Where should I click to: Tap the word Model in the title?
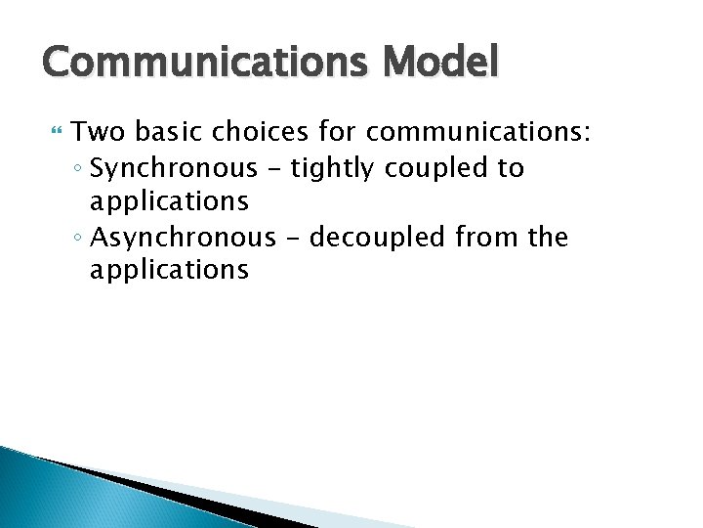click(441, 64)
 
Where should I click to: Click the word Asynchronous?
click(193, 237)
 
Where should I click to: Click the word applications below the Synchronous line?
click(169, 202)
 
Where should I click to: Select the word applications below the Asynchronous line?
click(169, 271)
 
